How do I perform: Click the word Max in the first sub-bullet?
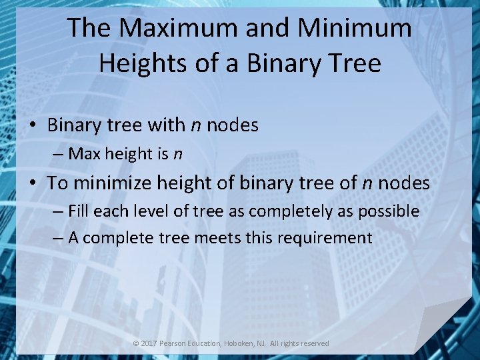point(84,154)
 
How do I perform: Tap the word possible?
point(391,211)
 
